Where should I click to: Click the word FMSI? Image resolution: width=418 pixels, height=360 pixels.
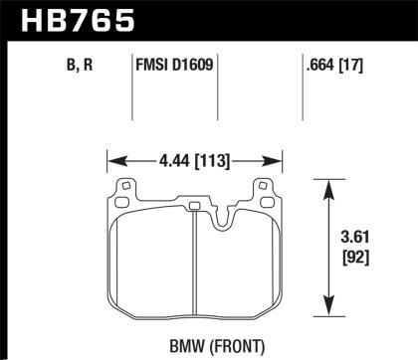pos(151,69)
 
